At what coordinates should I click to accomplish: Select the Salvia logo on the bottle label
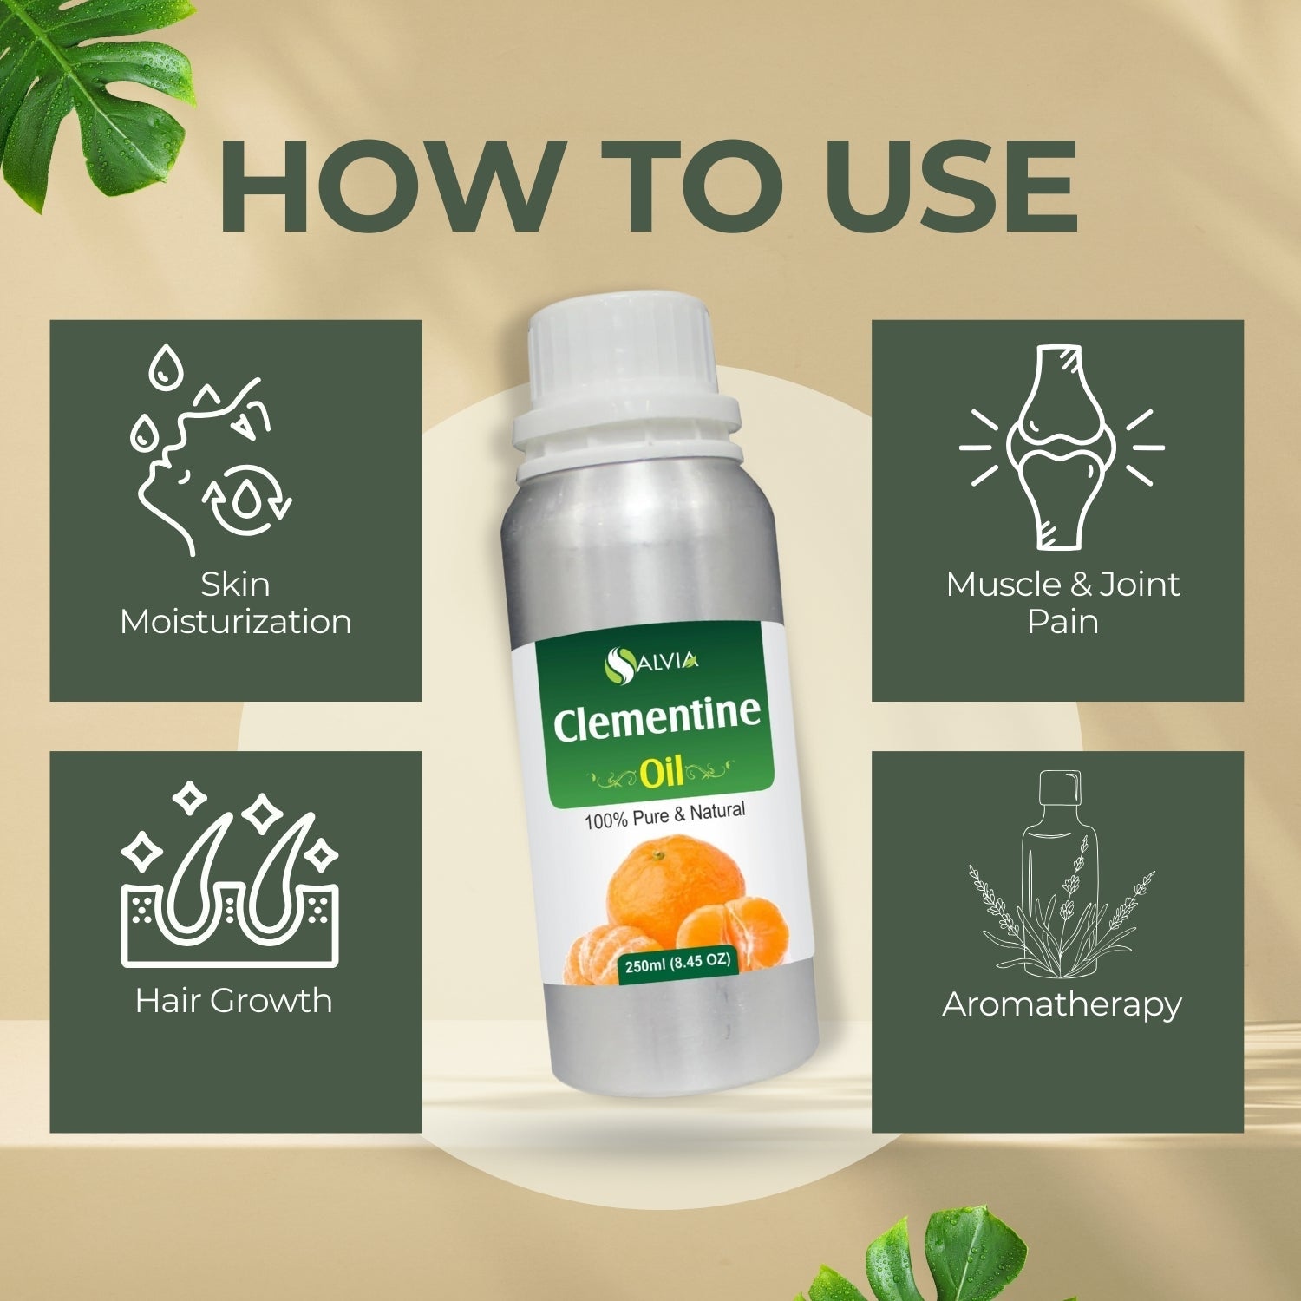click(x=650, y=664)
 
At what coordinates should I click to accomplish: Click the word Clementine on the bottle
click(x=657, y=722)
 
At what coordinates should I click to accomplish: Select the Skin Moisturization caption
click(x=236, y=603)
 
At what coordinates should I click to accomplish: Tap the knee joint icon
click(x=1062, y=446)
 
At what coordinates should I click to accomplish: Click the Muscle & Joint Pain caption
click(x=1062, y=603)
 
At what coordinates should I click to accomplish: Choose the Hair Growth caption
click(x=234, y=1001)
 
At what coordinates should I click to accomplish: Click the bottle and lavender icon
click(x=1061, y=873)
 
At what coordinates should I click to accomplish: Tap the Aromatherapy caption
click(x=1062, y=1004)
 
